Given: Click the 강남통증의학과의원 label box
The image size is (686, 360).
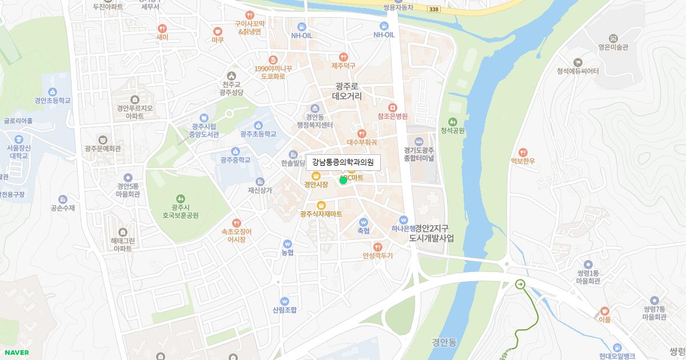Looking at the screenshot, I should tap(343, 163).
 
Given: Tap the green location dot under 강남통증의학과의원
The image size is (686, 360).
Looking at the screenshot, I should tap(343, 180).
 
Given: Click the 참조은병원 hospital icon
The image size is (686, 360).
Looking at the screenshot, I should tap(392, 107).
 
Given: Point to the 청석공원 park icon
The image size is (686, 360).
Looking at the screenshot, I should tap(453, 122).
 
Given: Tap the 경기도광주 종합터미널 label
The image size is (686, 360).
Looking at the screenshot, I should tap(419, 154).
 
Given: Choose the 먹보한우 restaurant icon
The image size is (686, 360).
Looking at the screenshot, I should tap(523, 153).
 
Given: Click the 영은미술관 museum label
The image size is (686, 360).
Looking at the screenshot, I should tap(613, 48).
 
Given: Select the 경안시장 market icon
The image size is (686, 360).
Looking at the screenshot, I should tap(316, 175).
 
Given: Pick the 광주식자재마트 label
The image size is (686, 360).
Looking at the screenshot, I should tap(321, 214).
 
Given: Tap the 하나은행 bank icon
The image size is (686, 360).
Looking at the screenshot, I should tap(404, 219).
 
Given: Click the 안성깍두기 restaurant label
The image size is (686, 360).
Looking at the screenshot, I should tap(377, 256).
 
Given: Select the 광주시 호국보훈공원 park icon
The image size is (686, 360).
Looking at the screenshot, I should tap(181, 198).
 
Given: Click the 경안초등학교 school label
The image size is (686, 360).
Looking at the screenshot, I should tap(53, 101).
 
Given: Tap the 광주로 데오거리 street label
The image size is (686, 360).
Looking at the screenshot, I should tap(346, 91).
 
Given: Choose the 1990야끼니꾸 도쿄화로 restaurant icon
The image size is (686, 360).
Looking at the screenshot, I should tap(273, 60).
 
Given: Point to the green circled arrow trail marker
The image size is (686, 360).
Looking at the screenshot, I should tap(520, 284).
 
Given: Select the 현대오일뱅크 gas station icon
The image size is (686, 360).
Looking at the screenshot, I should tap(617, 347).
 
